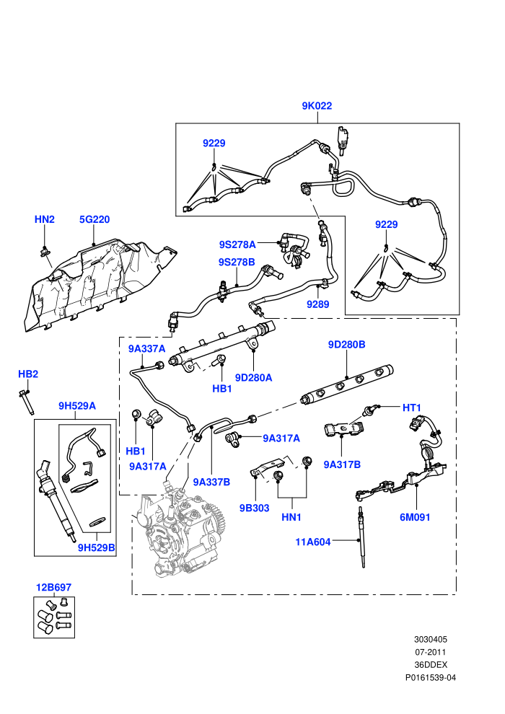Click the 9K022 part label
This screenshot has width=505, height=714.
pos(317,105)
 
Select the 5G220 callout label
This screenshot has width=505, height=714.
pos(95,219)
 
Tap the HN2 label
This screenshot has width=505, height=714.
pos(45,219)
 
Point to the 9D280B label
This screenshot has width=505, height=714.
pos(346,345)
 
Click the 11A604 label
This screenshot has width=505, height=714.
pos(313,542)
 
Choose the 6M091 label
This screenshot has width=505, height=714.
pos(415,517)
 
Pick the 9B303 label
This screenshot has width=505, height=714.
pos(255,508)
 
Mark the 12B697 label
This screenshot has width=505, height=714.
pos(53,587)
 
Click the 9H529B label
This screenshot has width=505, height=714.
pos(97,548)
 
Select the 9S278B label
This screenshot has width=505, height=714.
pos(237,263)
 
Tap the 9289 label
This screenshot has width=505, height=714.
pos(318,304)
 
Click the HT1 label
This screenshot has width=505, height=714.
pos(412,408)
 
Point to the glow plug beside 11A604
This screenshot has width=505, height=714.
pos(361,537)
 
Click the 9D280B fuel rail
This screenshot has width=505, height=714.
pos(347,385)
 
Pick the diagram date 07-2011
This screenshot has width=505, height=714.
pos(430,652)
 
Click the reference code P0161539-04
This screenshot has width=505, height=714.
pos(430,677)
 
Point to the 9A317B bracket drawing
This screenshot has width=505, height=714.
pos(344,429)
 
